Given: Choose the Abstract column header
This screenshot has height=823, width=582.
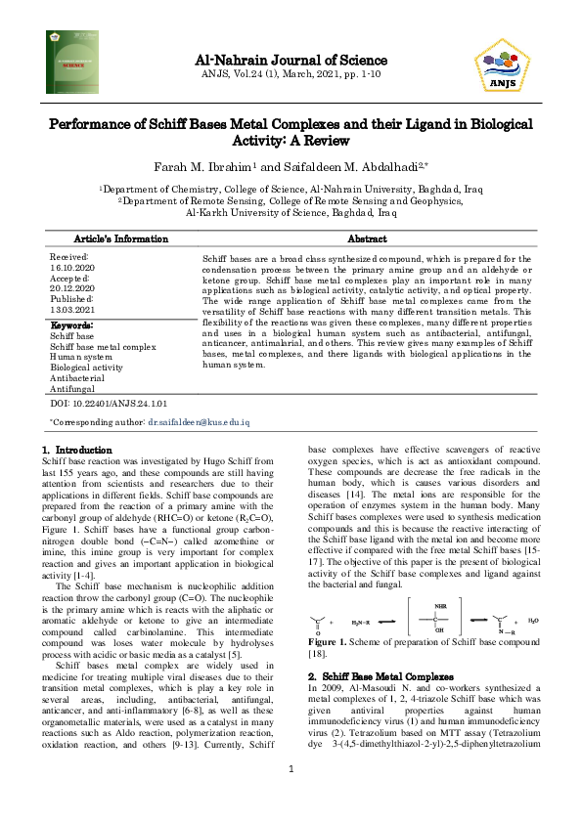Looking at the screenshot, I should (x=369, y=238).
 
